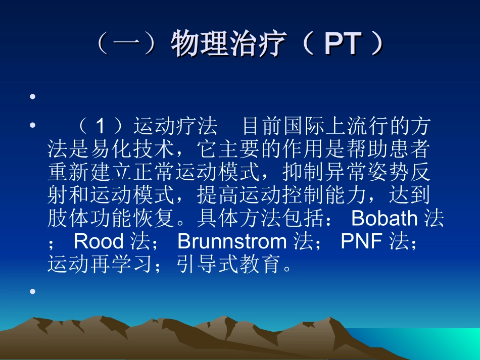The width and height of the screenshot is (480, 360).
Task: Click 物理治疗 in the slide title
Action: click(228, 44)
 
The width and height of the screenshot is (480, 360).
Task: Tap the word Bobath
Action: click(384, 219)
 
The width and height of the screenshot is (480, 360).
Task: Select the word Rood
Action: click(99, 242)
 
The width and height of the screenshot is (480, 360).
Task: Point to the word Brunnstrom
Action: click(232, 242)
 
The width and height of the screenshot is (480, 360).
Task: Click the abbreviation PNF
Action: click(362, 242)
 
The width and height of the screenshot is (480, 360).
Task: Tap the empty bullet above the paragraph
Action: click(33, 96)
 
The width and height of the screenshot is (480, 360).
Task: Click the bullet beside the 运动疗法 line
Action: click(33, 125)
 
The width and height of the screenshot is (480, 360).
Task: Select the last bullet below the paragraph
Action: click(33, 291)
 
